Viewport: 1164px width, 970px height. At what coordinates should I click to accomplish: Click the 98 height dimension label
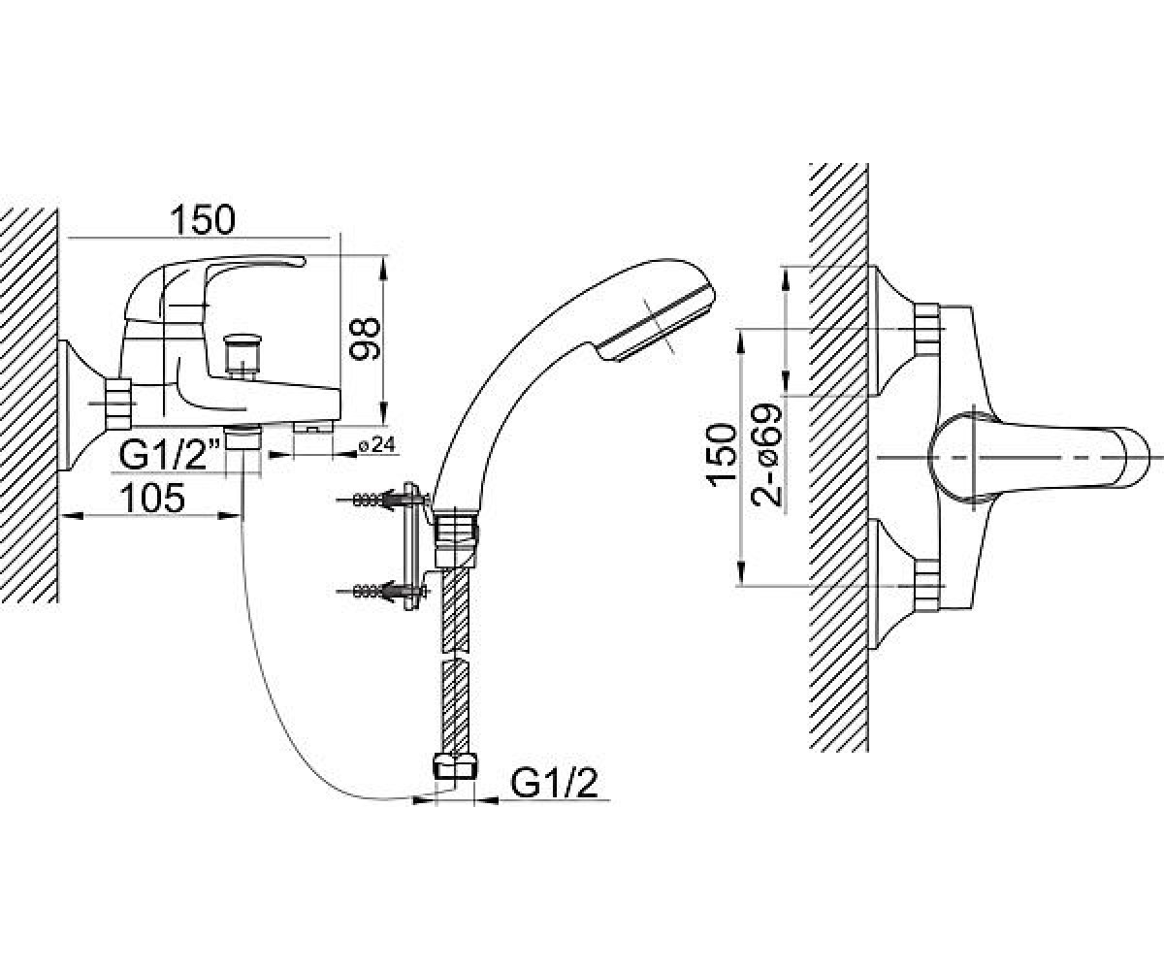click(364, 338)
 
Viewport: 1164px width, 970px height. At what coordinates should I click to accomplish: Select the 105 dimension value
click(152, 498)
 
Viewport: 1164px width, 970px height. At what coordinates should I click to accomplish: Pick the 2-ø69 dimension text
click(767, 454)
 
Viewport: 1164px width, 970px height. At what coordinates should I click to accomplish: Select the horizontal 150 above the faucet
click(203, 219)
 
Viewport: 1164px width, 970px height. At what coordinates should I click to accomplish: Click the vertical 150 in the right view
click(722, 453)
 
